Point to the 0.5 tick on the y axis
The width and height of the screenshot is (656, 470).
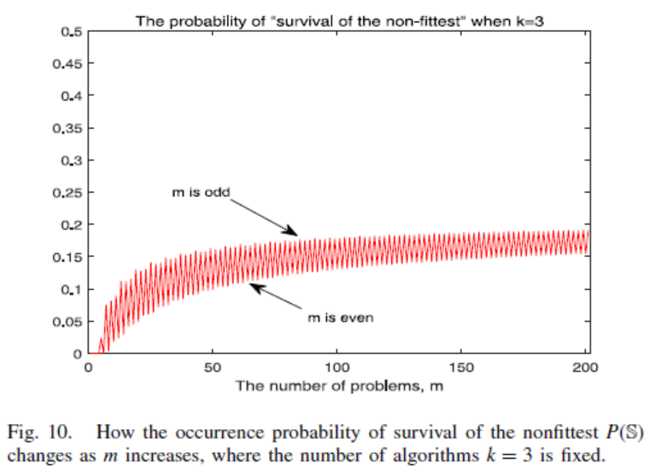coord(72,32)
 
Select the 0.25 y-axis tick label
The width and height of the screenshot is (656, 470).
coord(69,193)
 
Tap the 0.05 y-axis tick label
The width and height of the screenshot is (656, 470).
coord(69,322)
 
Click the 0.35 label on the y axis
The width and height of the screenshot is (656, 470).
coord(69,128)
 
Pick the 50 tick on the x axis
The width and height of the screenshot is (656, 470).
coord(213,368)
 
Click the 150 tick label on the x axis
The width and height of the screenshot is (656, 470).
coord(461,368)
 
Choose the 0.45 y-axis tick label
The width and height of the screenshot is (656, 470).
coord(69,64)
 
